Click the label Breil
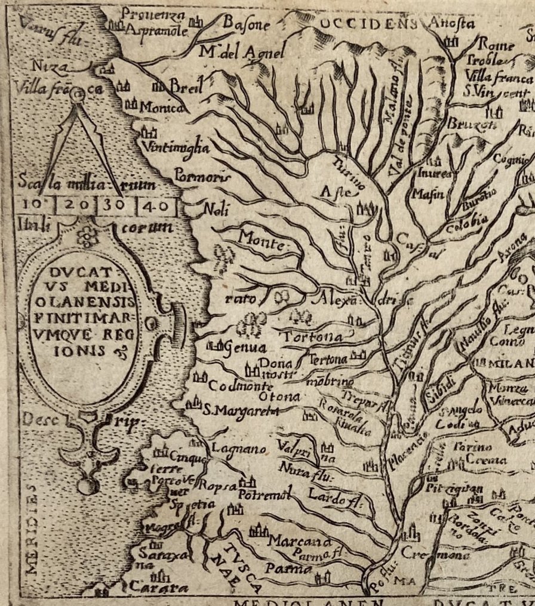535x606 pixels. pyautogui.click(x=183, y=86)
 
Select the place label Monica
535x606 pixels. pyautogui.click(x=161, y=108)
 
